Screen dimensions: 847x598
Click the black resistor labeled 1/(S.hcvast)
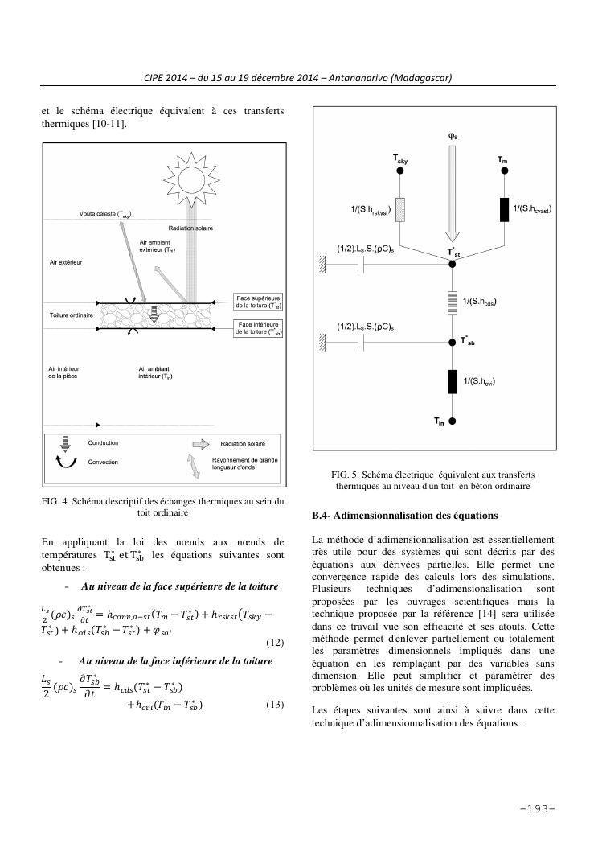504,210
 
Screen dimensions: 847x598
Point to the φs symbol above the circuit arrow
453,136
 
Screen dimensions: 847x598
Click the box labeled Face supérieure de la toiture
256,302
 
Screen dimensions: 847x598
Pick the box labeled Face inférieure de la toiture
256,328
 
